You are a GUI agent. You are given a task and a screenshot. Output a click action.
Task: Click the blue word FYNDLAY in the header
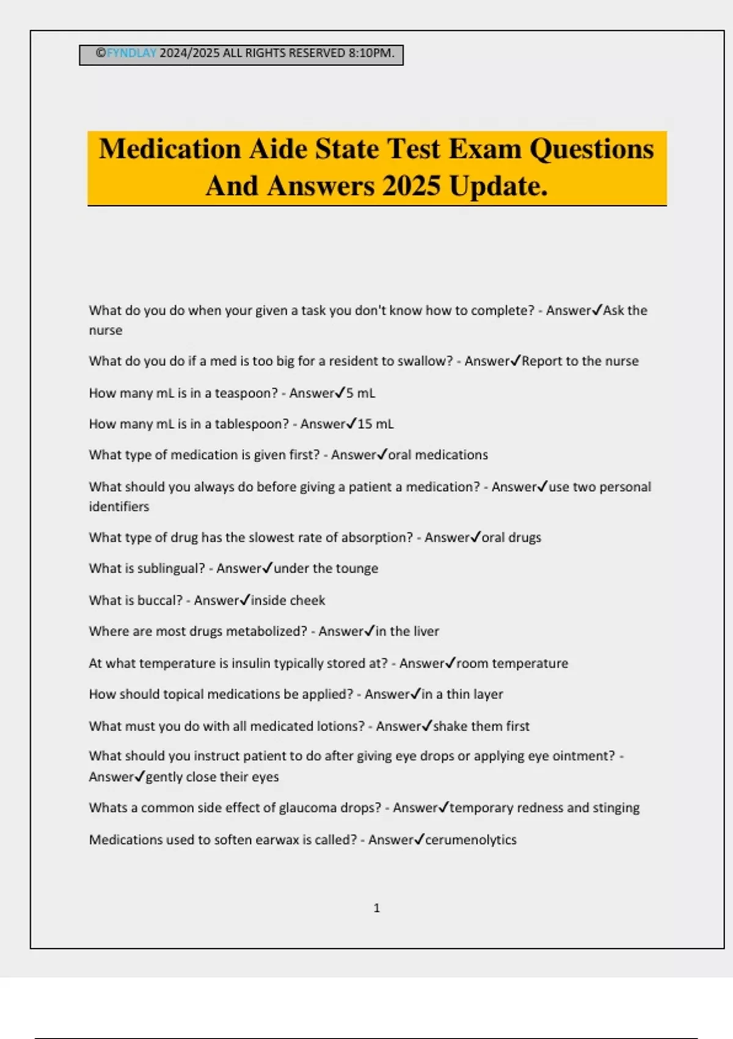[131, 53]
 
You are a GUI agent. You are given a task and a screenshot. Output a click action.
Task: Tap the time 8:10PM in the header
[371, 53]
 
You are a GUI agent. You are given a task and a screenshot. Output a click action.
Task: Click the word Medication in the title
[169, 149]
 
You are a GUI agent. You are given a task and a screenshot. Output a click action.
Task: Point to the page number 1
[376, 908]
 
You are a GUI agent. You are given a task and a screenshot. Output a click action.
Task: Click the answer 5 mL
[360, 393]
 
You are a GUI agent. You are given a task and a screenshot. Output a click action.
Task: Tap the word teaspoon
[246, 393]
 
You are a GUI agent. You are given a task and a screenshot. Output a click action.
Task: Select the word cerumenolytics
[470, 840]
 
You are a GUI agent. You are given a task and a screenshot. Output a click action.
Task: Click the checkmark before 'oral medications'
[382, 454]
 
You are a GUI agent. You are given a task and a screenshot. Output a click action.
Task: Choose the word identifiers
[119, 507]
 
